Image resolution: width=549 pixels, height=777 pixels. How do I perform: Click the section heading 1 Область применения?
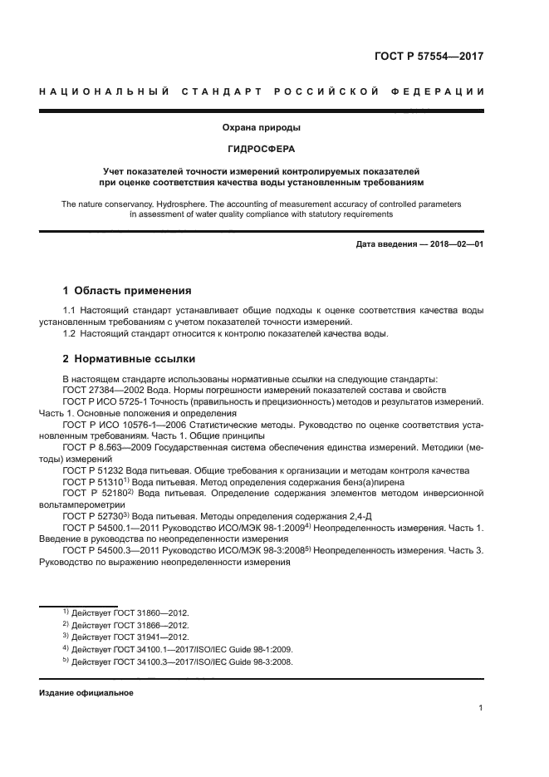click(x=127, y=291)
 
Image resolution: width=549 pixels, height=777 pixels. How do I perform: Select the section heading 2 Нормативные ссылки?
click(x=130, y=359)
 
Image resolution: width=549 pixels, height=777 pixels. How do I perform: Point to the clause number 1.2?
click(x=70, y=333)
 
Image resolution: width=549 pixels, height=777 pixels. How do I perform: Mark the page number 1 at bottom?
click(x=482, y=708)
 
